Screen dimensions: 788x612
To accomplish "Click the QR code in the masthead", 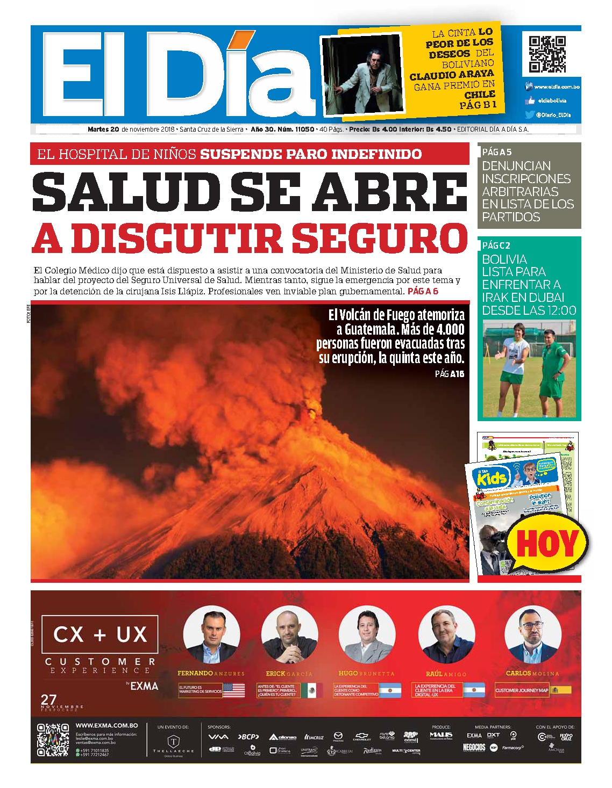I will coord(547,54).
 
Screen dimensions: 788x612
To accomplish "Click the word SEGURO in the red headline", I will coord(382,238).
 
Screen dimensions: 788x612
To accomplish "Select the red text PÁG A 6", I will coord(423,292).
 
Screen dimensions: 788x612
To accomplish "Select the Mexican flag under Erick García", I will coord(312,690).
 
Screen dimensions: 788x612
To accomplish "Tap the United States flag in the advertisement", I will coord(233,690).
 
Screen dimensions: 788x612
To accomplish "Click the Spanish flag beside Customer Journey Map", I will coord(561,690).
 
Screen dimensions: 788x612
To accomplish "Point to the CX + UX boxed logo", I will coord(100,634).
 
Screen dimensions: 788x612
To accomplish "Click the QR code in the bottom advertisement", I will coord(53,740).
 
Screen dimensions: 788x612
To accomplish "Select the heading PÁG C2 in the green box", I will coord(496,245).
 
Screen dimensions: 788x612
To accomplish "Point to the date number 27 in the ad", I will coord(48,700).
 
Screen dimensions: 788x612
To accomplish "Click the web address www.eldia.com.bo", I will coord(557,87).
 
